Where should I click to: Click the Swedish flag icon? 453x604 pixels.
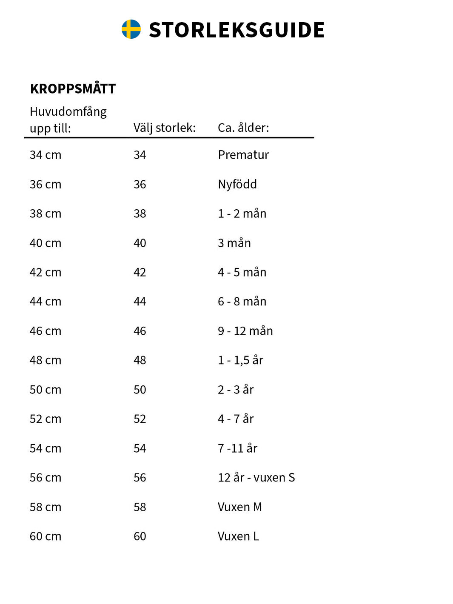pos(131,29)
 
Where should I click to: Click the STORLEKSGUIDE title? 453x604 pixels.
pos(236,30)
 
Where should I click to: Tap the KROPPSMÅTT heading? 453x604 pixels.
pos(73,89)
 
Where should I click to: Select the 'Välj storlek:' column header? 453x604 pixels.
pos(164,128)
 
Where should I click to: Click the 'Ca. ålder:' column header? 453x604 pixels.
pos(243,128)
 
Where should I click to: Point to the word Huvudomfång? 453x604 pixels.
pos(68,111)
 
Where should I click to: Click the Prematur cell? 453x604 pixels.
pos(243,155)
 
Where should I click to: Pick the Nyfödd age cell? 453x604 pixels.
pos(237,184)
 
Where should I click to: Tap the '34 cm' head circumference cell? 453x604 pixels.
pos(46,155)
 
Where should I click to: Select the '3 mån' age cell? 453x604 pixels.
pos(234,243)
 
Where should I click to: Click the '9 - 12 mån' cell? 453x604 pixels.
pos(245,331)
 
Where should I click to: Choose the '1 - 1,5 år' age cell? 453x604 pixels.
pos(240,360)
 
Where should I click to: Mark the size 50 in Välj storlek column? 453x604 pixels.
pos(140,390)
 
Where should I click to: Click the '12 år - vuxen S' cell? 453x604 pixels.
pos(256,478)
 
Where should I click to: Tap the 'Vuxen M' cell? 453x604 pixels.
pos(239,507)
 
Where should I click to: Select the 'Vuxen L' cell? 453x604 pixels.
pos(238,536)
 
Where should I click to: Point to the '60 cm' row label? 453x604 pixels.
pos(46,536)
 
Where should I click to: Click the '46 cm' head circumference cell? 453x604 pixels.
pos(46,331)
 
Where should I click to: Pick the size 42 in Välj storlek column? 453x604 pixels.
pos(140,272)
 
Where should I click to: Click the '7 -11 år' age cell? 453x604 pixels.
pos(237,448)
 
